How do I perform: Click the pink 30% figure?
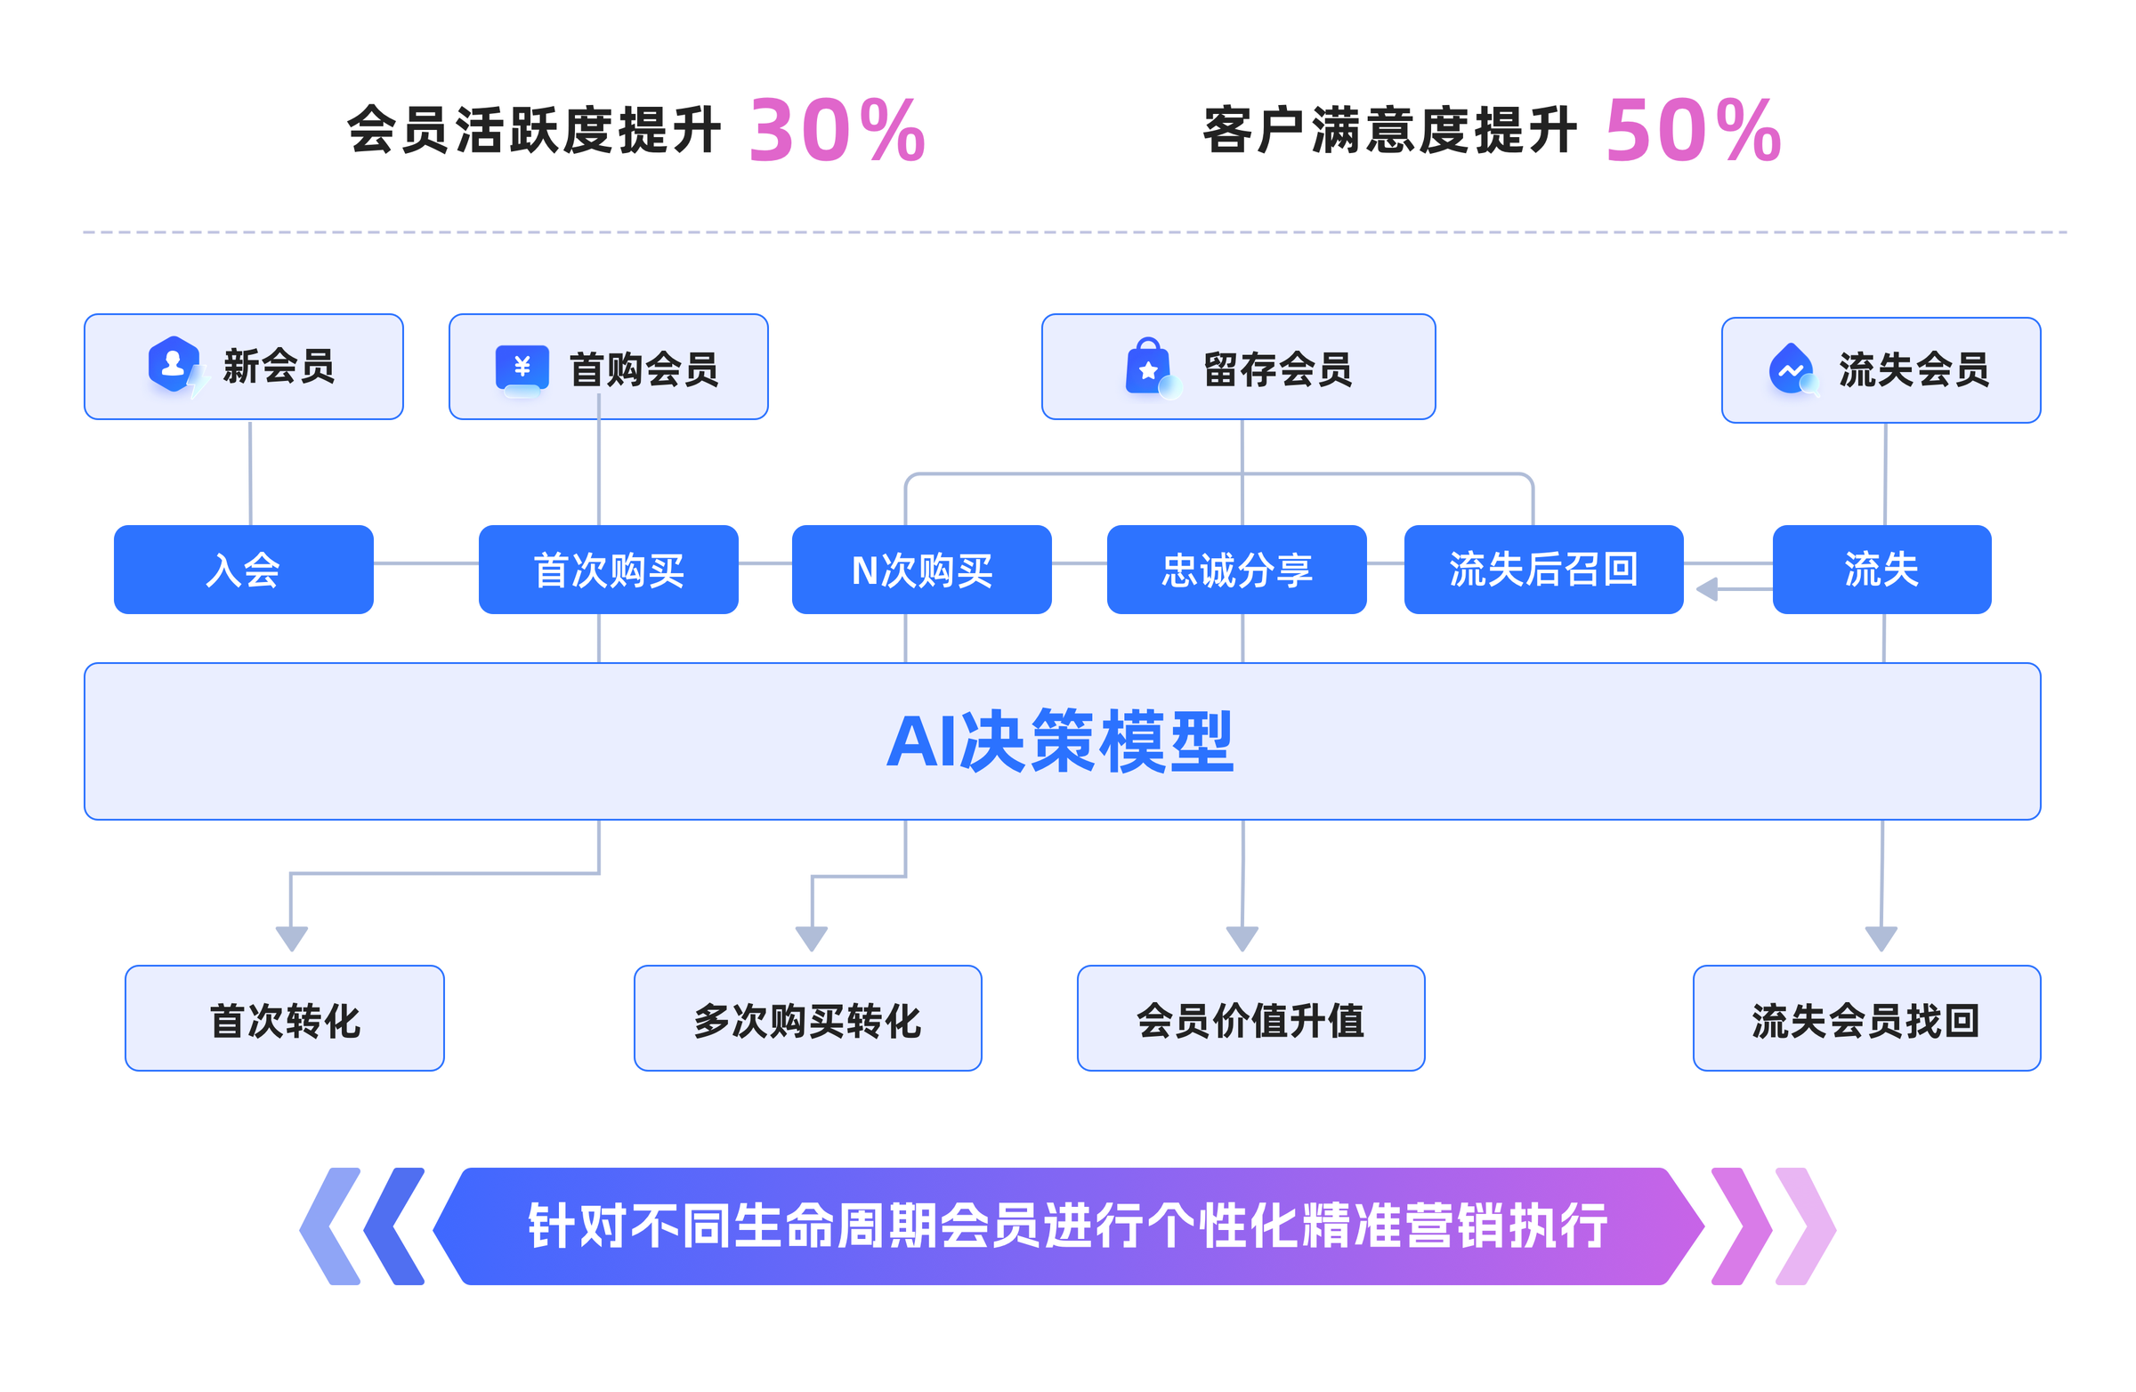point(837,131)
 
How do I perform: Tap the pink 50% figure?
point(1693,131)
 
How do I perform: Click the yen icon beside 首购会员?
point(522,368)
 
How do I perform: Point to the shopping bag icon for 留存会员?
point(1149,367)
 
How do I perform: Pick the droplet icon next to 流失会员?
point(1791,368)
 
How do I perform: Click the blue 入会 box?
point(243,569)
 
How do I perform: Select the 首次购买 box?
point(608,569)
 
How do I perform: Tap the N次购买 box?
point(921,569)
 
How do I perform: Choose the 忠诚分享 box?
point(1236,569)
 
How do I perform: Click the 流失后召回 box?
point(1542,569)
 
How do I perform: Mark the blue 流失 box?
point(1881,569)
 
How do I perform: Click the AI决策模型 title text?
point(1060,741)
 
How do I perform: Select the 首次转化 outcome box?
point(285,1018)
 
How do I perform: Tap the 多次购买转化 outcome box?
point(807,1018)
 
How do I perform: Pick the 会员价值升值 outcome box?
point(1250,1018)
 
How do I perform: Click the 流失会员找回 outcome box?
point(1865,1018)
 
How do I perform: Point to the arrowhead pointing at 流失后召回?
point(1706,590)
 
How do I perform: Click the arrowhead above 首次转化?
point(291,939)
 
